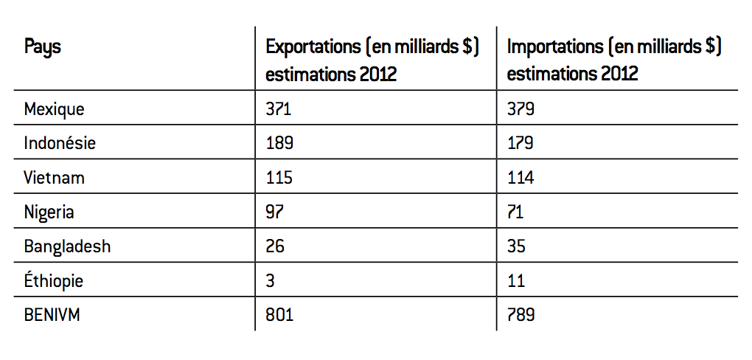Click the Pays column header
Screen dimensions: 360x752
(42, 48)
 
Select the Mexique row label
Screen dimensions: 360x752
(54, 109)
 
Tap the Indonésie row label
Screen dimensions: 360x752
(60, 143)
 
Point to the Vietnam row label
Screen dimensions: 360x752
(54, 178)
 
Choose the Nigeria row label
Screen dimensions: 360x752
(49, 212)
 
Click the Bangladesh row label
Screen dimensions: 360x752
(67, 246)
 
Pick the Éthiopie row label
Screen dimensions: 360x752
(54, 280)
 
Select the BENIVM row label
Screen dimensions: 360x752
(52, 315)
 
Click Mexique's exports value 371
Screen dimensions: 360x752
(279, 109)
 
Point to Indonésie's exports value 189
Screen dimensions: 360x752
(279, 143)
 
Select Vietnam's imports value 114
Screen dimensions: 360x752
(521, 178)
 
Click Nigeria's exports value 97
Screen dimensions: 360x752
(274, 212)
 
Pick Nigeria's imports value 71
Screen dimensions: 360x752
(515, 212)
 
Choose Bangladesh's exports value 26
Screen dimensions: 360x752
(275, 246)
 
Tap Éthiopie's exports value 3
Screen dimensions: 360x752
(270, 280)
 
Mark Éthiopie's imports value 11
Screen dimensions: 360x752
(515, 280)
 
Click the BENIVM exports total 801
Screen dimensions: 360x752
(279, 315)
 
